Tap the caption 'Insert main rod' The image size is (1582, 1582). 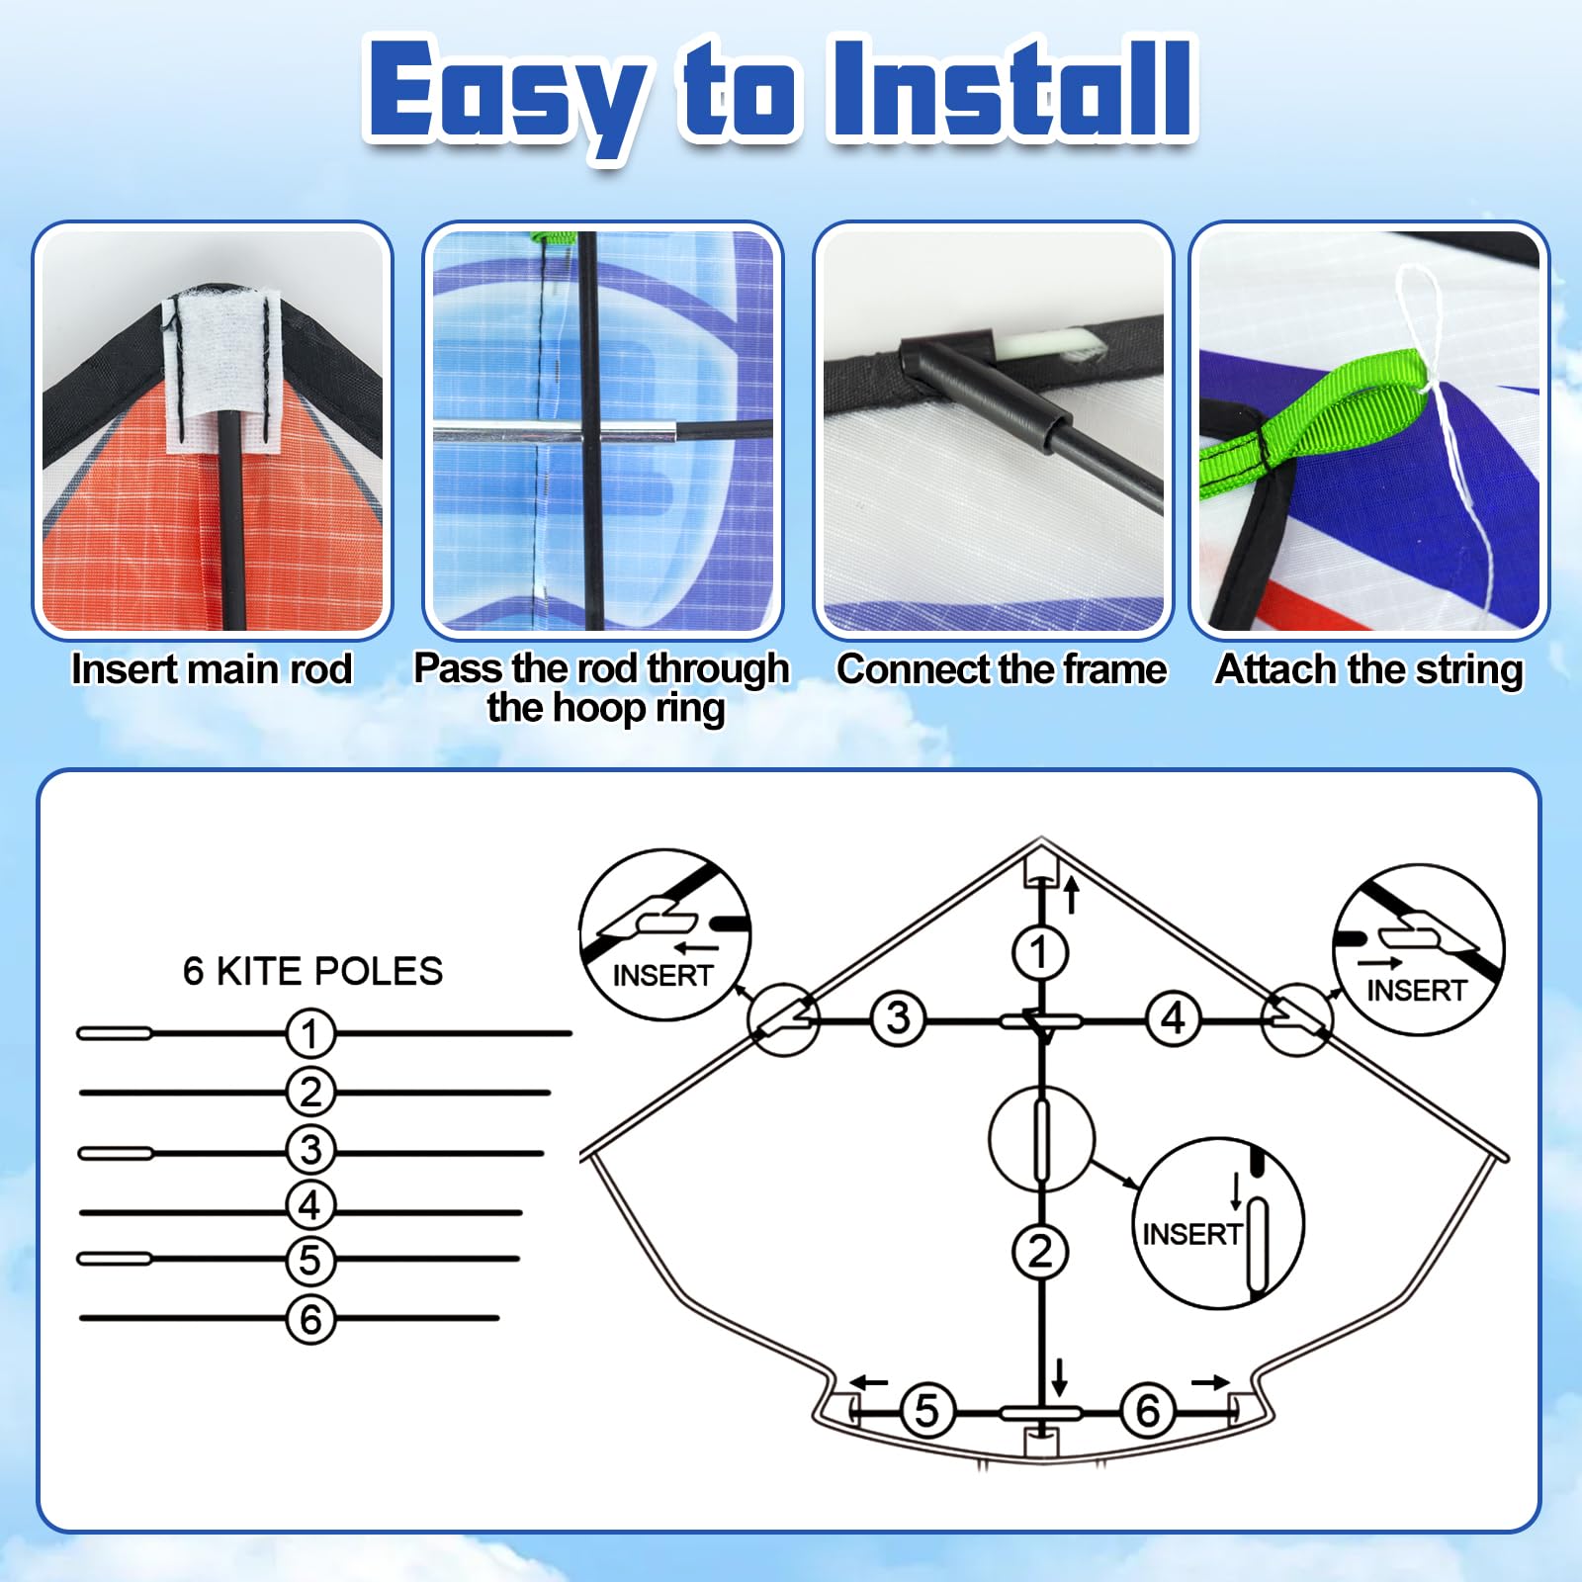[212, 669]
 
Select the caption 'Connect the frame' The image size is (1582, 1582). [1002, 669]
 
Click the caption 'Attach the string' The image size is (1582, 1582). [1369, 669]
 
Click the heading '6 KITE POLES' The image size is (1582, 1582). [312, 971]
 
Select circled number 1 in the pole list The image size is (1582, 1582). [310, 1033]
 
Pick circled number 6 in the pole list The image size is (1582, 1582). [310, 1319]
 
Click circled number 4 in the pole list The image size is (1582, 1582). [310, 1205]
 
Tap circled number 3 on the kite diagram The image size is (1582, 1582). [898, 1018]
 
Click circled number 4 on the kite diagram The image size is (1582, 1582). [1173, 1018]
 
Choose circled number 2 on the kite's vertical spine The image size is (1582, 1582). [1040, 1252]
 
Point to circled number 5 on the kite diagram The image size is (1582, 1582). [926, 1411]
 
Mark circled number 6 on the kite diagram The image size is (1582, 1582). [1147, 1411]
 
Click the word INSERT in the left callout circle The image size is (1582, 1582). [662, 976]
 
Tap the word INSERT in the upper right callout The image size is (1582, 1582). [1416, 991]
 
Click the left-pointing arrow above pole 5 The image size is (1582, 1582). [870, 1382]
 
